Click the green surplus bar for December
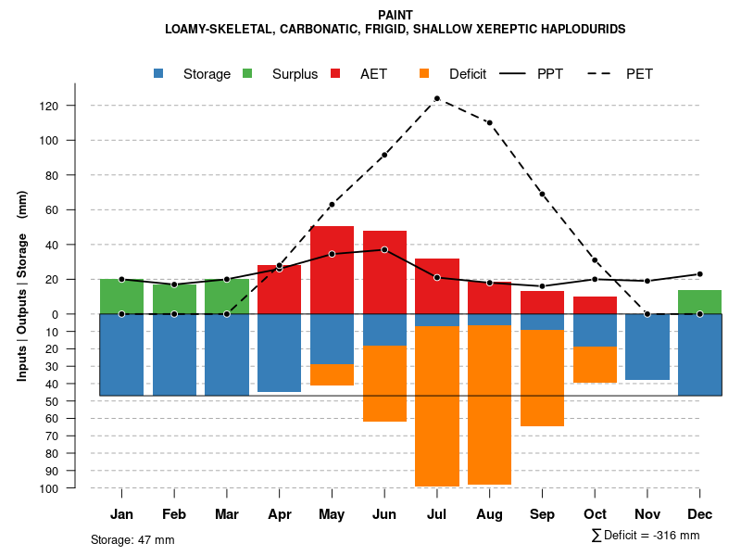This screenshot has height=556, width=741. [699, 302]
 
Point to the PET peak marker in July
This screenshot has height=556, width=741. [437, 98]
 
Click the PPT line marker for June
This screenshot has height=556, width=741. [384, 250]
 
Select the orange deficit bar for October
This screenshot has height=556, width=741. [595, 364]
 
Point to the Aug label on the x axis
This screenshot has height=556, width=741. [489, 514]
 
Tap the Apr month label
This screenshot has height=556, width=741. [280, 514]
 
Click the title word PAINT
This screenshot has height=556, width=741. [396, 15]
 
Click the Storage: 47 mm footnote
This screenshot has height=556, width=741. [132, 539]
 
